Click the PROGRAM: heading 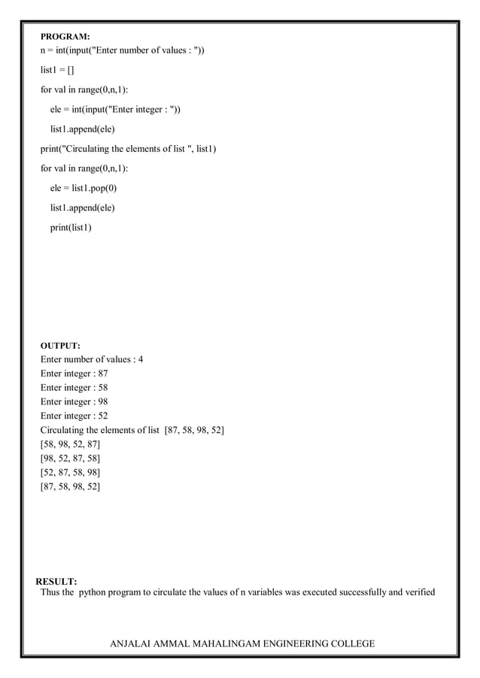65,36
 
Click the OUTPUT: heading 60,346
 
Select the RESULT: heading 56,582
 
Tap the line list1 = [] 57,71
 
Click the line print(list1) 71,227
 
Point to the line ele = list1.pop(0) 84,188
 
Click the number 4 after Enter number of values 140,359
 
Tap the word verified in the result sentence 419,592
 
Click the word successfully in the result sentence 355,592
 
